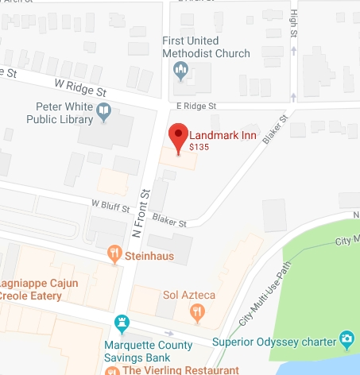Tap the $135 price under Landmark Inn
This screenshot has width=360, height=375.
coord(199,147)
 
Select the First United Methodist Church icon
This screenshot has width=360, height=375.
coord(180,72)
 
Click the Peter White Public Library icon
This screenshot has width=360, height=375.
coord(104,118)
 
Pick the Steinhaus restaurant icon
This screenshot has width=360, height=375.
coord(115,254)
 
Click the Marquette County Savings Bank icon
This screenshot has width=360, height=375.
coord(122,323)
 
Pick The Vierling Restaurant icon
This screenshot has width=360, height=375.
coord(112,370)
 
